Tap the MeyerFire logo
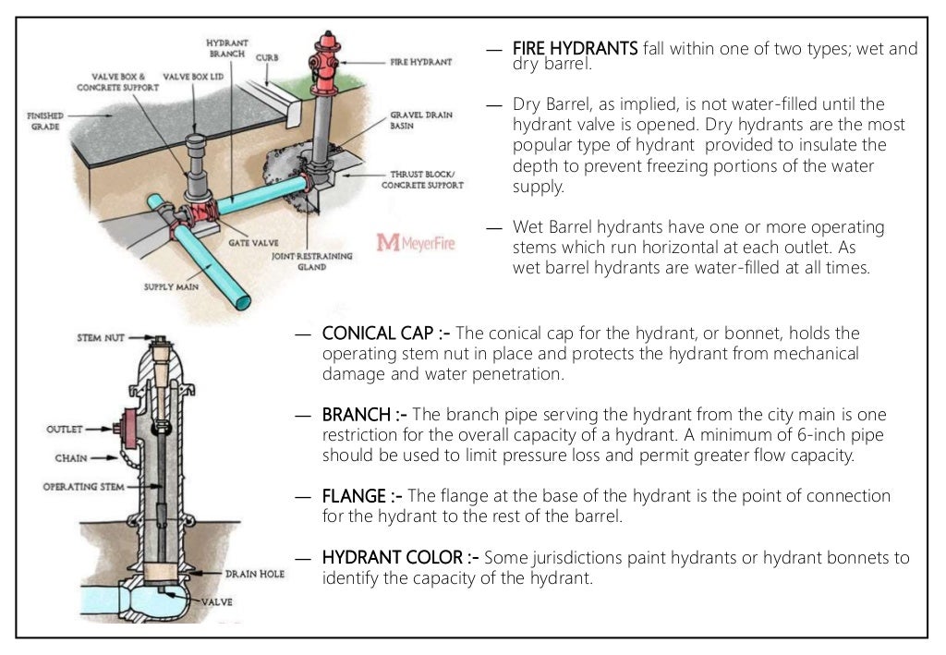click(415, 242)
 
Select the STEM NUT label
click(102, 339)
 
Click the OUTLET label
click(65, 430)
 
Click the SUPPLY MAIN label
click(171, 287)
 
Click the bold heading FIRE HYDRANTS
click(575, 48)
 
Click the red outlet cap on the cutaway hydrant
click(120, 430)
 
